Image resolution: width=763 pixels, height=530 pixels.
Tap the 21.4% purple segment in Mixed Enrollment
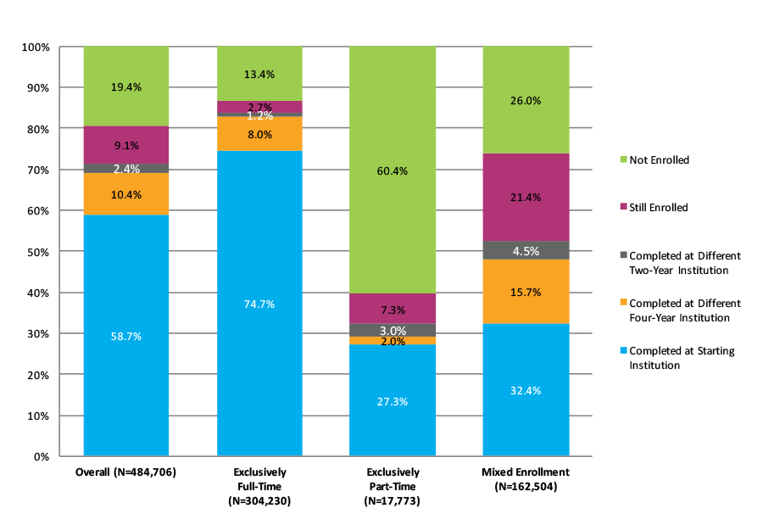tap(526, 197)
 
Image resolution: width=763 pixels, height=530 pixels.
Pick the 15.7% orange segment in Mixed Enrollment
tap(526, 291)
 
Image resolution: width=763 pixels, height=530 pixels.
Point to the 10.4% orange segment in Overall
tap(125, 194)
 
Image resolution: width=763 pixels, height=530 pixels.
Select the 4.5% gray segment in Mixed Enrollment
tap(526, 250)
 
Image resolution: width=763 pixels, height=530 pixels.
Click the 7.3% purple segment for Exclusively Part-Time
tap(393, 309)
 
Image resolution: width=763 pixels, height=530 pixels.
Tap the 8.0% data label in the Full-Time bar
tap(259, 134)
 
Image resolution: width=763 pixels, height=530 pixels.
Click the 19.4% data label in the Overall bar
tap(125, 86)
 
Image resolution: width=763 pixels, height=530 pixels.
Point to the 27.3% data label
tap(393, 401)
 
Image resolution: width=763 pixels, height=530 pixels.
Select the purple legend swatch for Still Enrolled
tap(623, 207)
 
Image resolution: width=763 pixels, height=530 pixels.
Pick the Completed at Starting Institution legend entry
tap(682, 358)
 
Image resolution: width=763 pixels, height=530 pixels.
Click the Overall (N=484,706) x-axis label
tap(125, 471)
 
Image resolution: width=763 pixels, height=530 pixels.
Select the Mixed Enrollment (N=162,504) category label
tap(526, 479)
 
